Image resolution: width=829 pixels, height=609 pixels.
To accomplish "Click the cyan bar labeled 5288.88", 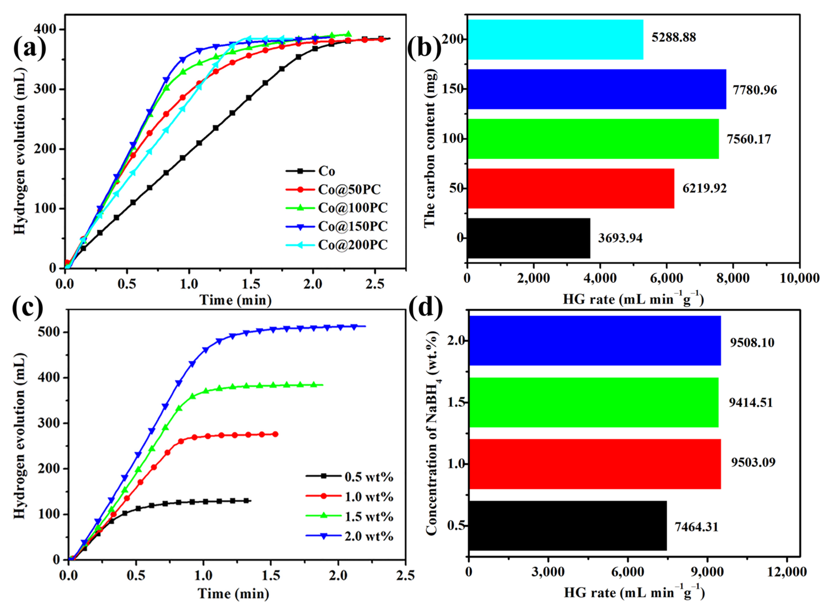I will (555, 39).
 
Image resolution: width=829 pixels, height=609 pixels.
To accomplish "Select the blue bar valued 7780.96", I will (596, 89).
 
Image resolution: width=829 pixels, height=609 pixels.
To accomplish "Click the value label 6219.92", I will (704, 188).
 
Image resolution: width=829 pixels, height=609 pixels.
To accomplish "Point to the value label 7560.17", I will (749, 139).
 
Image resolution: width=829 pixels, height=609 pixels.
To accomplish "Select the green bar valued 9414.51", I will (594, 402).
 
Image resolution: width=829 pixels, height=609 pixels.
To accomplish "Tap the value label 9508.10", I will (752, 342).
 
